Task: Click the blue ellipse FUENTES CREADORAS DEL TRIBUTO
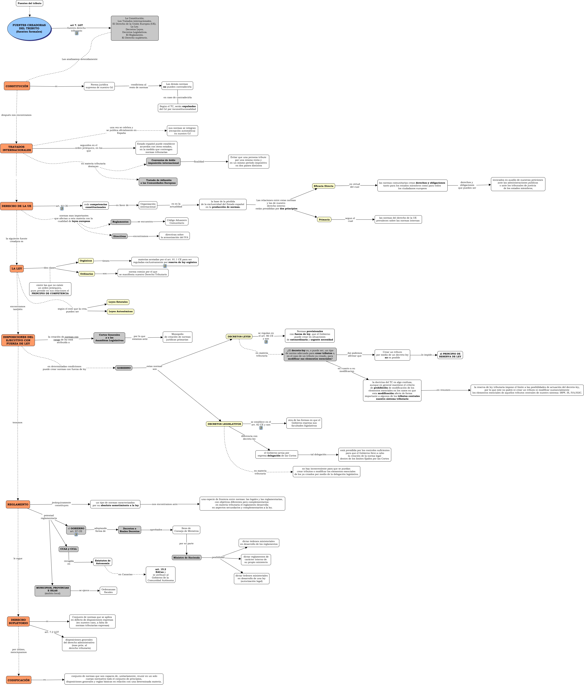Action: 29,28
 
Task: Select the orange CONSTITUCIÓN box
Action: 17,86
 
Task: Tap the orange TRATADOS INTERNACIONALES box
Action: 17,148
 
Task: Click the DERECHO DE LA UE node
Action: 17,206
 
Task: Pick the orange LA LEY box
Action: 17,268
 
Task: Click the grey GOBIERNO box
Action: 123,368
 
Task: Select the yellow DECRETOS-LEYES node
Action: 239,336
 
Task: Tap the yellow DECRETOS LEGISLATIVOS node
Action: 224,424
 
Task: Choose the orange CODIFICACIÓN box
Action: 19,680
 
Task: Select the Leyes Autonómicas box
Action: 120,311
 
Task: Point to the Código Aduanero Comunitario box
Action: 177,221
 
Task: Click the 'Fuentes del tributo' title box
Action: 29,3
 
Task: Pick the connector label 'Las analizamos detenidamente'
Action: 80,59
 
